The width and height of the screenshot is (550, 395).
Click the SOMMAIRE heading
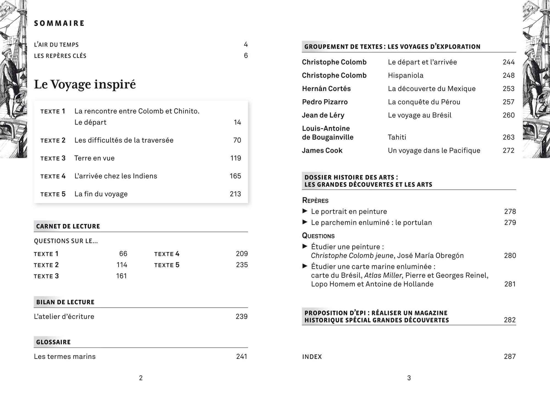pos(59,23)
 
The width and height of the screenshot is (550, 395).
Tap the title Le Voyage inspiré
pos(85,84)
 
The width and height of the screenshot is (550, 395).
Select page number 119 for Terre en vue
pos(236,158)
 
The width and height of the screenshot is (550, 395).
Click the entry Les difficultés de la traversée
pos(124,140)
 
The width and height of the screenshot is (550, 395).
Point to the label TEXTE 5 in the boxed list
pos(53,194)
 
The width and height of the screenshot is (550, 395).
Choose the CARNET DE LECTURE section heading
pos(68,226)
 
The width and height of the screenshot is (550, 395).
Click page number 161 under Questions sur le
pos(121,276)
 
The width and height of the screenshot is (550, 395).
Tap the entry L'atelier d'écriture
pos(64,316)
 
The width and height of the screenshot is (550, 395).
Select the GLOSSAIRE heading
pos(53,342)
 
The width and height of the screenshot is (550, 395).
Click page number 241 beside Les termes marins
pos(242,356)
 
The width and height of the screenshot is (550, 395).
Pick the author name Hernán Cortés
pos(326,89)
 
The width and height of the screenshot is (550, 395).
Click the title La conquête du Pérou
pos(424,102)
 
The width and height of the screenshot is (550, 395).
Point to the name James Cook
pos(322,150)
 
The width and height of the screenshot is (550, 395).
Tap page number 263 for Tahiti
pos(508,137)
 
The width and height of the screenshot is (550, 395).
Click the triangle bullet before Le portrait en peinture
pos(305,211)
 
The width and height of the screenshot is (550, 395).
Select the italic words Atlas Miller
pos(383,275)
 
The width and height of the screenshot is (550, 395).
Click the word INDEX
pos(312,357)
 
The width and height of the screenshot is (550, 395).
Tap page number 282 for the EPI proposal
pos(510,320)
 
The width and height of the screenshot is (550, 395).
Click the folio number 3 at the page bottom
pos(409,378)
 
